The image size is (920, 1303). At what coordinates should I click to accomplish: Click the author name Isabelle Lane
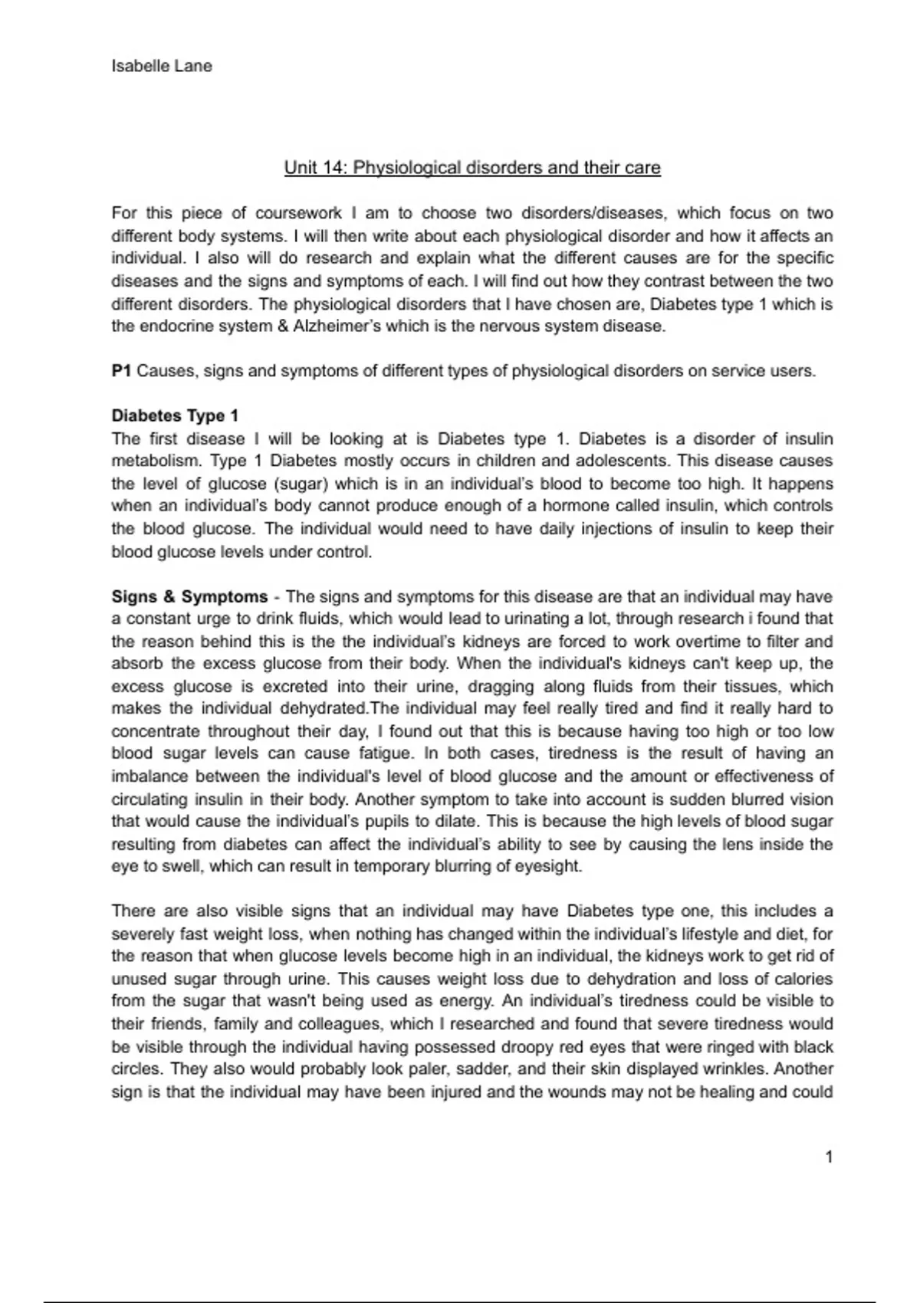pyautogui.click(x=162, y=67)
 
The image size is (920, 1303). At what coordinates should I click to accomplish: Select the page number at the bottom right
pyautogui.click(x=829, y=1157)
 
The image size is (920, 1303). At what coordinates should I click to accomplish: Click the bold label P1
pyautogui.click(x=121, y=372)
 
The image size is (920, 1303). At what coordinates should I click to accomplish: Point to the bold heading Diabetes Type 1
pyautogui.click(x=175, y=416)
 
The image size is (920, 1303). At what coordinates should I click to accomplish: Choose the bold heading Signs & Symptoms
pyautogui.click(x=189, y=597)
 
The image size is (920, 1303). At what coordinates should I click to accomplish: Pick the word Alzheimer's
pyautogui.click(x=337, y=327)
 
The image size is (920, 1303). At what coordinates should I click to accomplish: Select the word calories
pyautogui.click(x=801, y=980)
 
